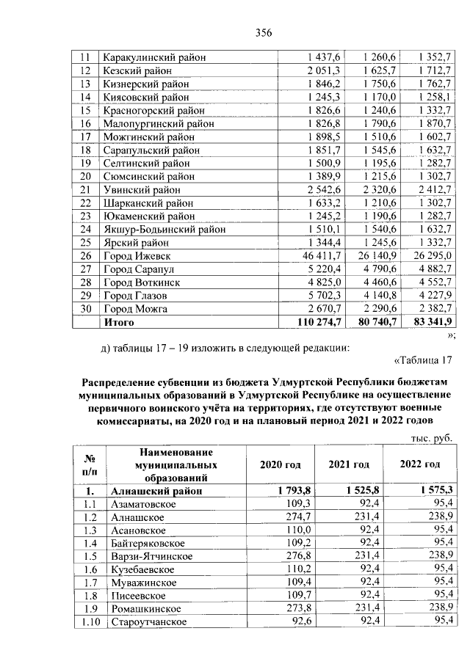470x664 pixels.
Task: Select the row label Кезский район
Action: coord(138,70)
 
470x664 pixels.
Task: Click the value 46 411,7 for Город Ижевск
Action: coord(319,255)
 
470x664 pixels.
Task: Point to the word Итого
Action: coord(120,321)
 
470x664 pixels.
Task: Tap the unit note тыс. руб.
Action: coord(429,438)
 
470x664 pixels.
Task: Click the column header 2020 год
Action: coord(281,464)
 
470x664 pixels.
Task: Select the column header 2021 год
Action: coord(349,464)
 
